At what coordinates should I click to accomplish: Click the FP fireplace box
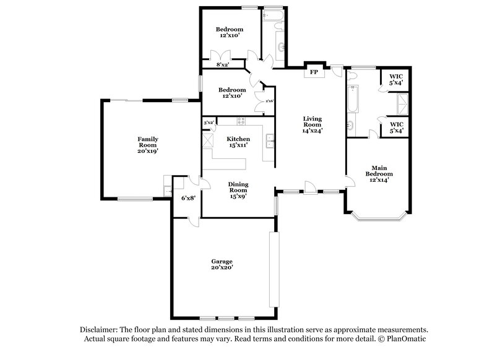click(314, 72)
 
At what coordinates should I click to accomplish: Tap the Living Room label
click(313, 125)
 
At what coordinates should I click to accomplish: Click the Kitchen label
click(238, 142)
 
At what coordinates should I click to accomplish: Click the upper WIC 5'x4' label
click(395, 79)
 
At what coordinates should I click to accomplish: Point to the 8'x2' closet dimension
click(223, 64)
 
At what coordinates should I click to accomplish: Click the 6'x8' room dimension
click(187, 198)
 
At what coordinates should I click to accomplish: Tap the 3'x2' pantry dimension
click(209, 122)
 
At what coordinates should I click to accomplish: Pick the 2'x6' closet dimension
click(269, 101)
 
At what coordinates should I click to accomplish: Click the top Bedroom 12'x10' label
click(229, 33)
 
